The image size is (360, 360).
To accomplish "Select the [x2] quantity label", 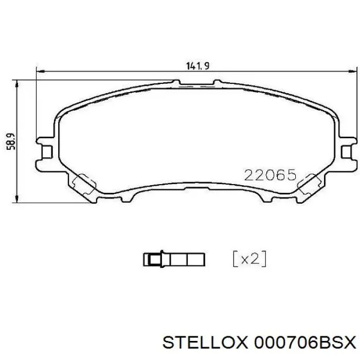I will click(x=250, y=259).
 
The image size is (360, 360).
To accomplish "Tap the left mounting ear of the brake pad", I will click(x=45, y=151).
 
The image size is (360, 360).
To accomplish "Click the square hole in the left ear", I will click(x=47, y=151).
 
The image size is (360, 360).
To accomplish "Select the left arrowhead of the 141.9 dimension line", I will click(x=40, y=71).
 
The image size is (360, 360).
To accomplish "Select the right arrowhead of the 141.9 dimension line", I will click(x=352, y=71).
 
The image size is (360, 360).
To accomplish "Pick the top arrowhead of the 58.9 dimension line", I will click(x=19, y=83).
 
